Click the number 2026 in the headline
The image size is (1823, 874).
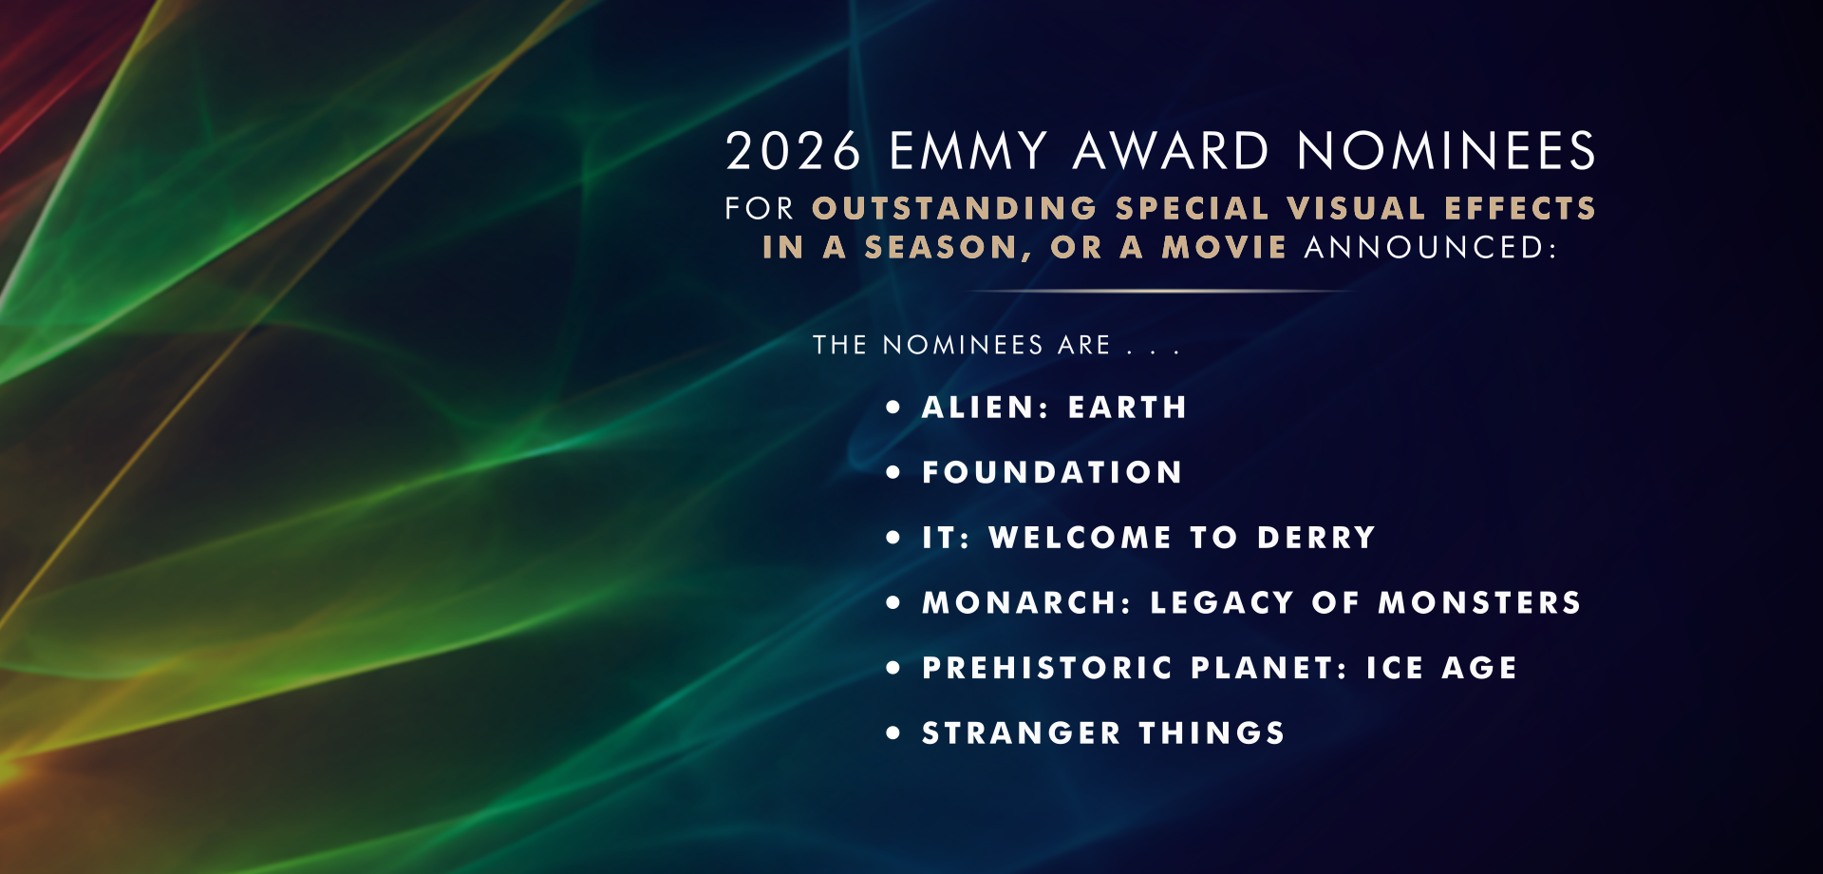click(x=794, y=151)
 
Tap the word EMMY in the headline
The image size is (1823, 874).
click(x=968, y=151)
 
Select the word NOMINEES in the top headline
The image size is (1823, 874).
click(x=1447, y=151)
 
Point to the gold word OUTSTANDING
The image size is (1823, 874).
click(x=955, y=208)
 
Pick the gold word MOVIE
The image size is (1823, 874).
click(x=1225, y=247)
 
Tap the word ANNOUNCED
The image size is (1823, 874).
click(x=1431, y=247)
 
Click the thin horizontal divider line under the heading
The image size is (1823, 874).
click(x=1160, y=291)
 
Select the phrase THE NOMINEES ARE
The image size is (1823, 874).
click(x=962, y=345)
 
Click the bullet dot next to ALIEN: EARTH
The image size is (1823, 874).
click(x=893, y=407)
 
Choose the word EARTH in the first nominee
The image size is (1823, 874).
click(x=1128, y=408)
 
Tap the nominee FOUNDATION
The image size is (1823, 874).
click(x=1052, y=472)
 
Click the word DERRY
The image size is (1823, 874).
click(x=1316, y=538)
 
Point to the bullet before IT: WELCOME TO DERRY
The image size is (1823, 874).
click(x=893, y=537)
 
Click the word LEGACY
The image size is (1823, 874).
click(x=1222, y=602)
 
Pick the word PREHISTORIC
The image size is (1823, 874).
click(x=1048, y=668)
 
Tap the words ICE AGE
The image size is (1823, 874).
click(x=1441, y=668)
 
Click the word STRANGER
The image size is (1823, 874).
click(x=1022, y=733)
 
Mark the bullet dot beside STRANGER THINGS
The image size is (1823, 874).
click(x=893, y=732)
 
